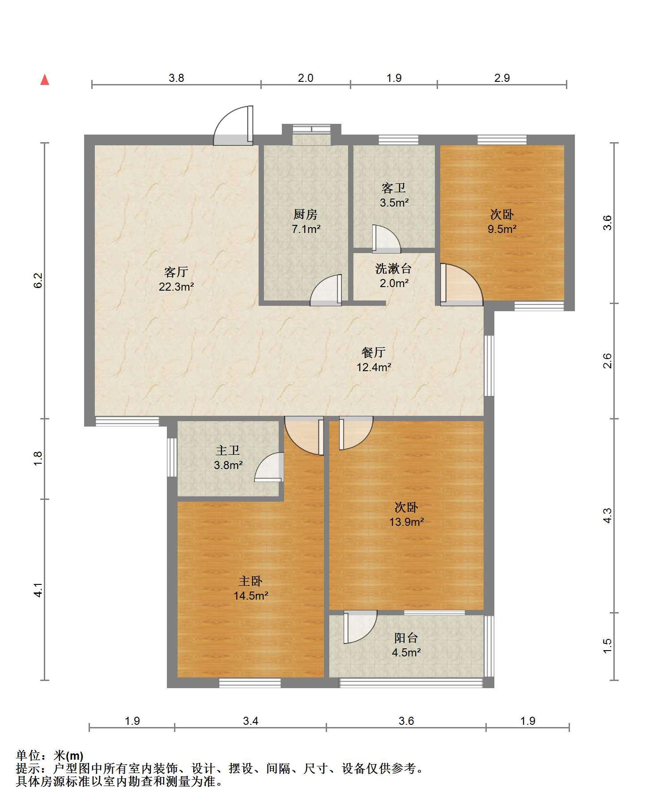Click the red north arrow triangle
pyautogui.click(x=45, y=80)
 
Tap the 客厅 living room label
pyautogui.click(x=176, y=271)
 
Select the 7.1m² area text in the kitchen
pyautogui.click(x=306, y=229)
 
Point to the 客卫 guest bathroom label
pyautogui.click(x=394, y=188)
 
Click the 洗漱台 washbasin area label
pyautogui.click(x=394, y=269)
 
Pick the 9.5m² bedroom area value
pyautogui.click(x=502, y=229)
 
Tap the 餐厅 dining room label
pyautogui.click(x=374, y=352)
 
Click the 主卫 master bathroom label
pyautogui.click(x=228, y=450)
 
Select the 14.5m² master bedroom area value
pyautogui.click(x=251, y=596)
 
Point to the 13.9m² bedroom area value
pyautogui.click(x=407, y=521)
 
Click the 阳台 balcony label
pyautogui.click(x=406, y=638)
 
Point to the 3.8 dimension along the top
pyautogui.click(x=176, y=78)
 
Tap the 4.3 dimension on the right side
pyautogui.click(x=607, y=516)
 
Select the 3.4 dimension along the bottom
pyautogui.click(x=251, y=721)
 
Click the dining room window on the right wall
pyautogui.click(x=489, y=365)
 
